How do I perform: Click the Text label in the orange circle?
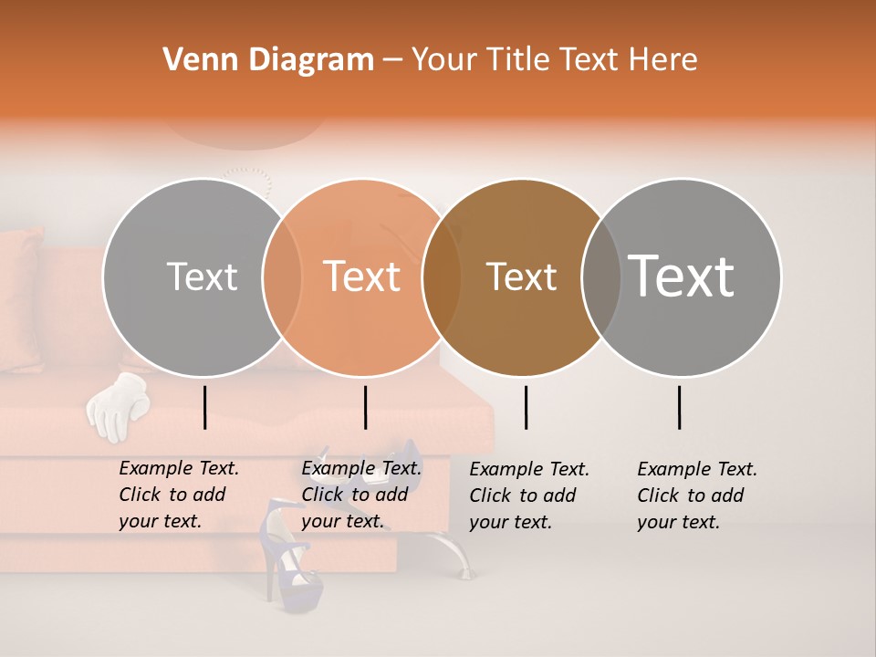tap(362, 276)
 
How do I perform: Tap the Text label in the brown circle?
tap(521, 276)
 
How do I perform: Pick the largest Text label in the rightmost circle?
tap(682, 276)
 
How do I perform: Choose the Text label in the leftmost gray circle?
tap(202, 276)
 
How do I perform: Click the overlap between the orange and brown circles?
tap(442, 277)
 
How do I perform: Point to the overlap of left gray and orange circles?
tap(282, 277)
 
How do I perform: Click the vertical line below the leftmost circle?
tap(204, 407)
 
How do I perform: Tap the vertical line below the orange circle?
tap(365, 407)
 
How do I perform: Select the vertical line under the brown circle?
tap(526, 407)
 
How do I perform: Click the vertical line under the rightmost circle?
tap(679, 407)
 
